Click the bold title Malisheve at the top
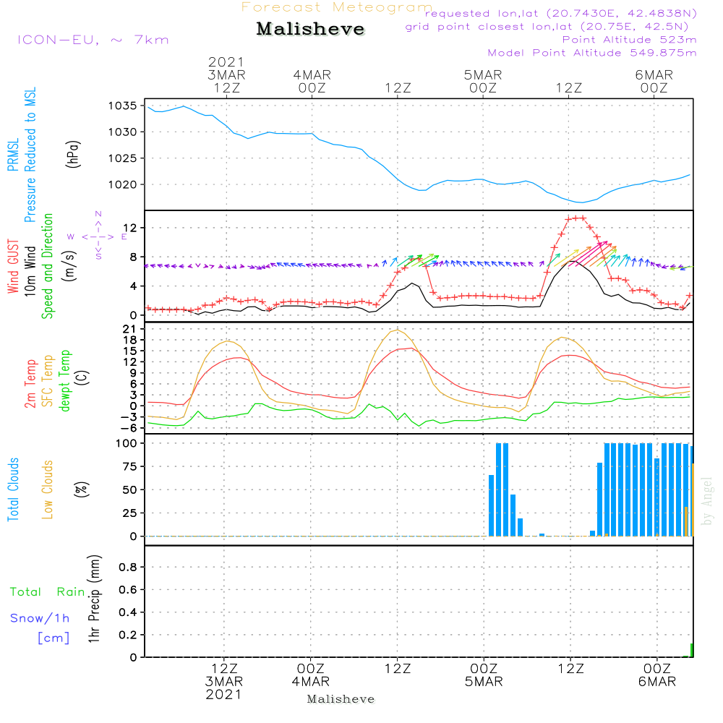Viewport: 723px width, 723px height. point(310,30)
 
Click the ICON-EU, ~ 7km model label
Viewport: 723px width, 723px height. point(93,40)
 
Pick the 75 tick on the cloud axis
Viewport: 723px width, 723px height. point(131,466)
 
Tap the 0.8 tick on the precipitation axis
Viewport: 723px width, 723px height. point(128,568)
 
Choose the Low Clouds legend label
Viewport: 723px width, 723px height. point(48,489)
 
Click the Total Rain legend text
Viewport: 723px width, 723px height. point(47,592)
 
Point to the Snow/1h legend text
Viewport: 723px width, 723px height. point(40,618)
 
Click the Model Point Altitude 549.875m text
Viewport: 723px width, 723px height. point(592,53)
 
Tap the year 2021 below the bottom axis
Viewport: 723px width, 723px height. point(225,695)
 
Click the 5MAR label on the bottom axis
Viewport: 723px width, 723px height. point(484,682)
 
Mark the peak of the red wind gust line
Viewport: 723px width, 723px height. point(576,218)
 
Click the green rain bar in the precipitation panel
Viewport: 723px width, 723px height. point(692,650)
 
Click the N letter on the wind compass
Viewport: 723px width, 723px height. point(98,215)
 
